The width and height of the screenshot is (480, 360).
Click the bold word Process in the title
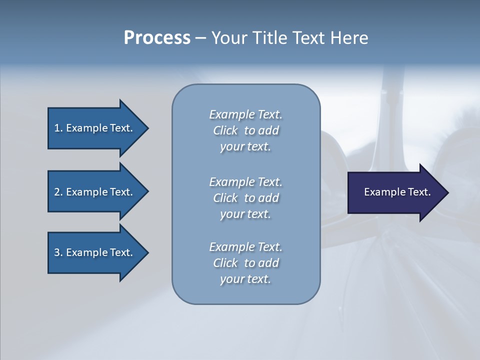coord(157,38)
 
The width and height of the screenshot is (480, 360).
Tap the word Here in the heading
coord(349,38)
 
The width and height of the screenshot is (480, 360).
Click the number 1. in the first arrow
coord(58,128)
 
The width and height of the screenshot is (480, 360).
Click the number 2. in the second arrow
coord(58,192)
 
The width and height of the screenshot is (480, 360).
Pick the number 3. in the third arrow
coord(58,252)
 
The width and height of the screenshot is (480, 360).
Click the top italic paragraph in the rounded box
coord(245,130)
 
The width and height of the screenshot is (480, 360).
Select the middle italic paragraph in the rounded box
coord(245,198)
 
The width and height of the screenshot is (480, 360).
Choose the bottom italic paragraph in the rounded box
coord(245,263)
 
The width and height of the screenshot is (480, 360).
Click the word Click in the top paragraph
coord(225,130)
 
